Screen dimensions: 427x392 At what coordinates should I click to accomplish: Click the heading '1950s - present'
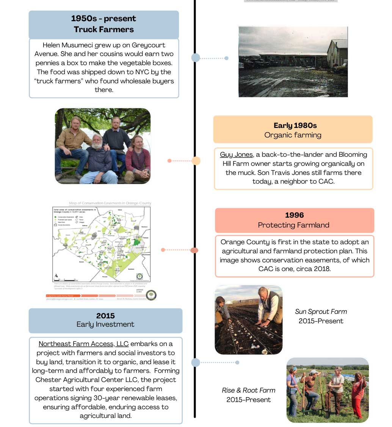click(103, 19)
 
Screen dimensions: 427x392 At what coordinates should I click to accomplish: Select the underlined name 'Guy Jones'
click(236, 154)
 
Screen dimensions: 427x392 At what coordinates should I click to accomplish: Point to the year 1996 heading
click(294, 215)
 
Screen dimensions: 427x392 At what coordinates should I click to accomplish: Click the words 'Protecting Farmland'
click(293, 225)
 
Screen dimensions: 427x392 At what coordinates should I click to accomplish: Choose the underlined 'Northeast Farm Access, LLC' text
click(83, 344)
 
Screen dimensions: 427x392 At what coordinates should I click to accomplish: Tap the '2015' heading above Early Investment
click(105, 315)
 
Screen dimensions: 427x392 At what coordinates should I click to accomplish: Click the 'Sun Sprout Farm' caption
click(321, 312)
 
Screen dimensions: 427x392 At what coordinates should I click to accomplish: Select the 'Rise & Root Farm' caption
click(249, 390)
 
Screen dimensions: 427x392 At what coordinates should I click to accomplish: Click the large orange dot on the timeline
click(196, 161)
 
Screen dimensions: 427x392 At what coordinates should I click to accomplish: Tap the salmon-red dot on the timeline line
click(194, 250)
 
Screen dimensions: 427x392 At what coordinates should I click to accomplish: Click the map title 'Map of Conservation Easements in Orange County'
click(110, 203)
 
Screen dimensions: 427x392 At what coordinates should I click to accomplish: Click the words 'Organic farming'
click(293, 135)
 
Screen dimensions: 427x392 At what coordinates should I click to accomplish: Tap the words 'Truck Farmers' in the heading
click(103, 29)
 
